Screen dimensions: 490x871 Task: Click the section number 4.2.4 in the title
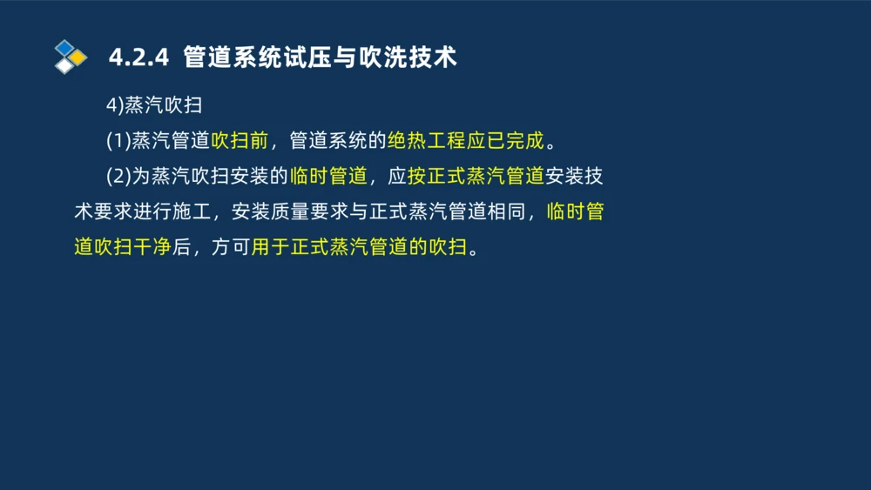coord(138,57)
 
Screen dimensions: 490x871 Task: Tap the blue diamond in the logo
coord(64,47)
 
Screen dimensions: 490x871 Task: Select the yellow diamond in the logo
coord(78,57)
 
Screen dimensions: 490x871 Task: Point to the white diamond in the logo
coord(64,66)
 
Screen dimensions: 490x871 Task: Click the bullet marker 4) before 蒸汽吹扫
coord(115,105)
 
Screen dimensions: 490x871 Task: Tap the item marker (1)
coord(118,141)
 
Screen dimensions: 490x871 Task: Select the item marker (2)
coord(118,177)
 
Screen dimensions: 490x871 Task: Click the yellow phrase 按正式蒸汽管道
coord(476,177)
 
